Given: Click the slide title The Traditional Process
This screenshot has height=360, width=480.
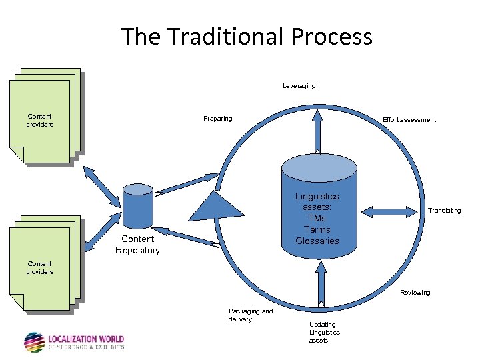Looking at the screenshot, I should pyautogui.click(x=247, y=36).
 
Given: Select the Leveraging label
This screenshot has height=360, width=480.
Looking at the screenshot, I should pyautogui.click(x=299, y=86).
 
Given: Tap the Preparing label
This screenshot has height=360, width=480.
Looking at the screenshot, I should pyautogui.click(x=218, y=119).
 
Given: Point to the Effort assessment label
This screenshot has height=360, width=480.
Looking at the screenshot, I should pyautogui.click(x=409, y=120).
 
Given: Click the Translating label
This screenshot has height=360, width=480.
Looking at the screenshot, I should pyautogui.click(x=444, y=211).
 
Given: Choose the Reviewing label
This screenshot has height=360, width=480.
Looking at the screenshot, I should pyautogui.click(x=415, y=293).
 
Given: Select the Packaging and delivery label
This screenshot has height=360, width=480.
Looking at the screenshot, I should pyautogui.click(x=250, y=315).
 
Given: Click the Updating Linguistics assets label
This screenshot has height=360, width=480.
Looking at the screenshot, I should pyautogui.click(x=324, y=333).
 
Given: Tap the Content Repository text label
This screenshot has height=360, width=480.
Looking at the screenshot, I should pyautogui.click(x=137, y=245).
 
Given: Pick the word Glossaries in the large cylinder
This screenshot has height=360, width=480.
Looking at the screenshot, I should pyautogui.click(x=317, y=241).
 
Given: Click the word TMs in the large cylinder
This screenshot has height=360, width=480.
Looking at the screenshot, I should pyautogui.click(x=317, y=219).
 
